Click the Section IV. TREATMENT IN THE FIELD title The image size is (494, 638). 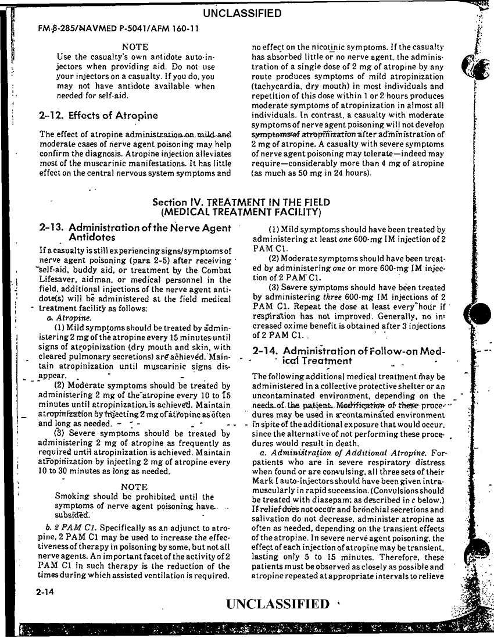(x=241, y=202)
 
